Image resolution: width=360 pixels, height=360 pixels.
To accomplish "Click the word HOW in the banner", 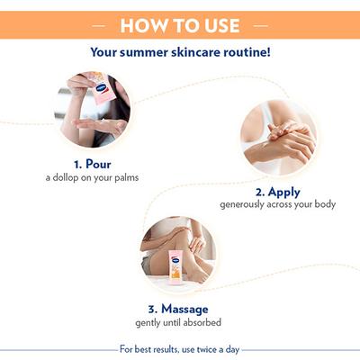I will click(x=143, y=25).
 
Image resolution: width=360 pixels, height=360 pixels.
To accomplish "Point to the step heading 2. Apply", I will click(x=277, y=191).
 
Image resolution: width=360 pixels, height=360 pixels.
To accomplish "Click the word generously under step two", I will click(x=246, y=204).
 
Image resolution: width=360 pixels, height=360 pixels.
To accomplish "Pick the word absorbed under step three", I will click(x=203, y=322).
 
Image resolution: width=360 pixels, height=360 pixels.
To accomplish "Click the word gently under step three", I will click(x=149, y=322).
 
